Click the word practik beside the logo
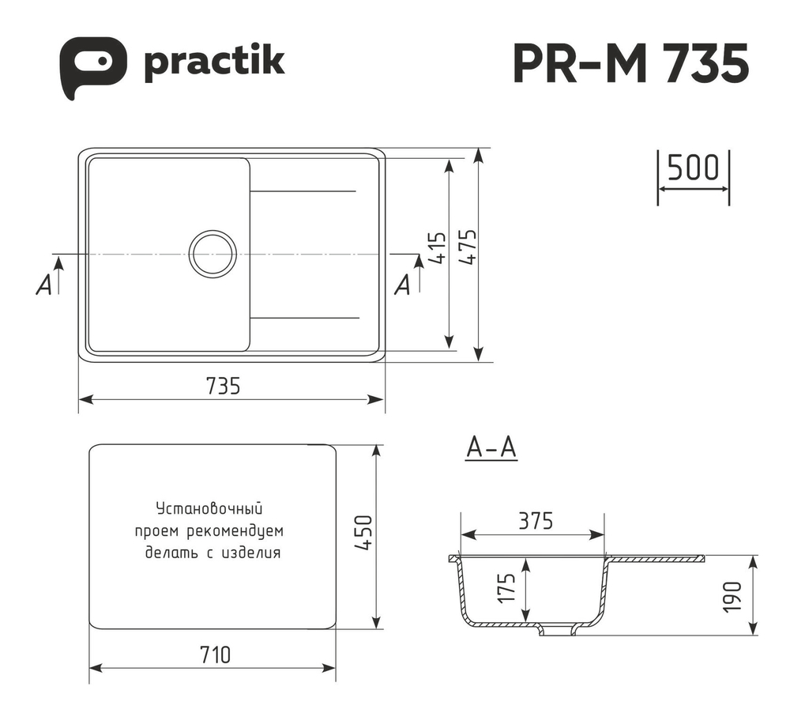(x=213, y=62)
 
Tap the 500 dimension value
(x=693, y=168)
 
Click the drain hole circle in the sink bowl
(x=213, y=254)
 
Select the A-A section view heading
(x=491, y=448)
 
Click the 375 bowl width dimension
(x=535, y=521)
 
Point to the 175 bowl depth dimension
(x=507, y=587)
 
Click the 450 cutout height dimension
(x=363, y=535)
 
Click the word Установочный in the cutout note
(x=209, y=508)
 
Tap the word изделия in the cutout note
(x=252, y=553)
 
